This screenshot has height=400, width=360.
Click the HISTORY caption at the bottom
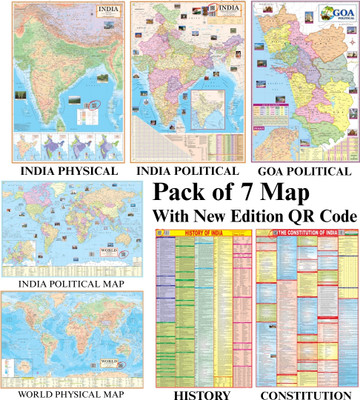199,393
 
